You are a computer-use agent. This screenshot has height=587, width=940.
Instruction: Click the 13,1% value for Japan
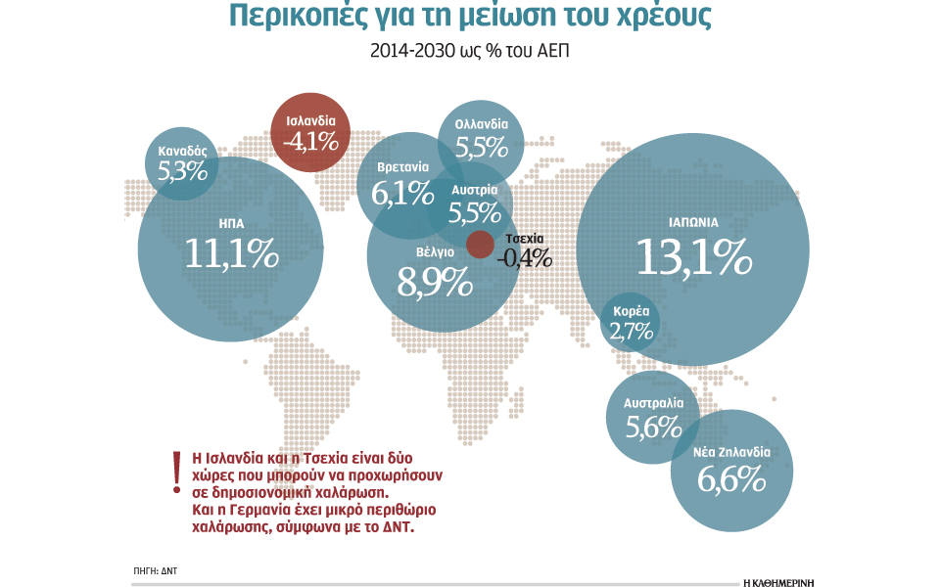[693, 256]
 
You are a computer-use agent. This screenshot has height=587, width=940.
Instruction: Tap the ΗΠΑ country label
[232, 222]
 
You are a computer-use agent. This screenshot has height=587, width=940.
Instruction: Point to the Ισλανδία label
[309, 121]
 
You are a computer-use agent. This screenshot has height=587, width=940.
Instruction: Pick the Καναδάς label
[183, 152]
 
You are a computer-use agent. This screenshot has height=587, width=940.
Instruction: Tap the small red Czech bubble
[480, 245]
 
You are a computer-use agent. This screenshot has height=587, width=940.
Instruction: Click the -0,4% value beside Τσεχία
[524, 259]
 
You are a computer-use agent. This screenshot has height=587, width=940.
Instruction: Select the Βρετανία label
[402, 167]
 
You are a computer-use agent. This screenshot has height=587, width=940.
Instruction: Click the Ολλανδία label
[482, 125]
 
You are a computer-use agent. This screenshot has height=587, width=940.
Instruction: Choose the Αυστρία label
[475, 189]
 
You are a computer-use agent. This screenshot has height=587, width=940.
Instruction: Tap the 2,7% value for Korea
[631, 331]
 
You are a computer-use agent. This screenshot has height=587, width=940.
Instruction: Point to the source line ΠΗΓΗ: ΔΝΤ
[155, 569]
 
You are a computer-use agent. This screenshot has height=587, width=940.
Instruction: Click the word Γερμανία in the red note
[258, 510]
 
